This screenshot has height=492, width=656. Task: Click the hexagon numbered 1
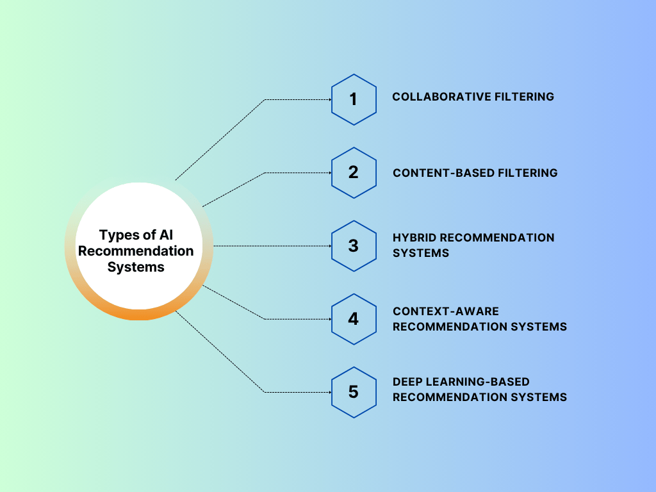(x=354, y=99)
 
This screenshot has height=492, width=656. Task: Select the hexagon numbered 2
(x=354, y=172)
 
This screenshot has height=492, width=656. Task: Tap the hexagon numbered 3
(x=354, y=245)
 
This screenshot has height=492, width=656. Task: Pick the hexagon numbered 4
(x=354, y=318)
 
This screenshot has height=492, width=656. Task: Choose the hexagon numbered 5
(x=354, y=391)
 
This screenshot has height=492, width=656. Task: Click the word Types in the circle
(x=119, y=235)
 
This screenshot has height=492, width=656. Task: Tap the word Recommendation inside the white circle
(x=136, y=251)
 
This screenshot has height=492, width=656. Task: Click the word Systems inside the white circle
(x=136, y=267)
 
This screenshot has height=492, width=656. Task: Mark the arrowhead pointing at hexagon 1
(x=329, y=99)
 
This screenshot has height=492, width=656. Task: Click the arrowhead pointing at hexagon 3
(x=329, y=245)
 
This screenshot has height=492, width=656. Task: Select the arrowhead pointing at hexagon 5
(x=329, y=391)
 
